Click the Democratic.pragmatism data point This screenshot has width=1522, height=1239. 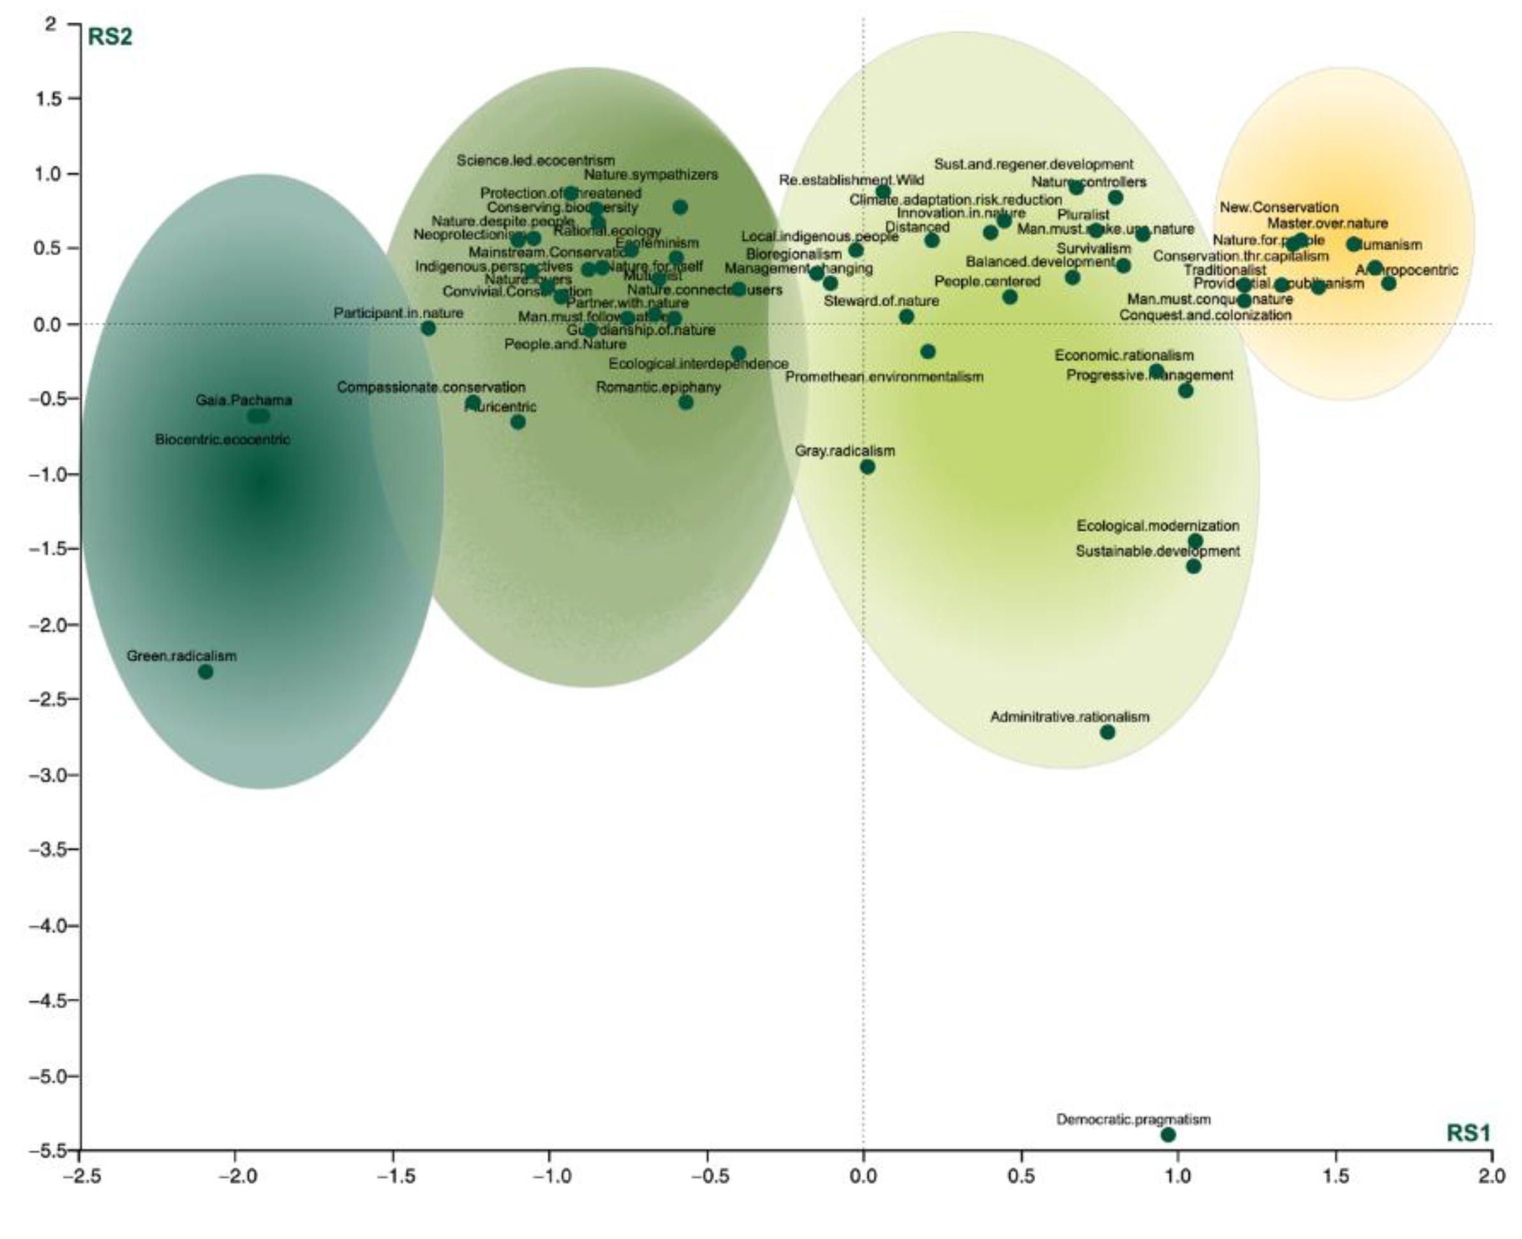tap(1167, 1134)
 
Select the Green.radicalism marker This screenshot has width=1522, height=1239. tap(205, 672)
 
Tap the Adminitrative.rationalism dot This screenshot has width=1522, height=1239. tap(1107, 732)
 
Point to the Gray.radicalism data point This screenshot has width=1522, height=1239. tap(868, 467)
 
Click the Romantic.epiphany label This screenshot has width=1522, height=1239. tap(658, 387)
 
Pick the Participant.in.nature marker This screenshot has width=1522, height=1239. tap(428, 328)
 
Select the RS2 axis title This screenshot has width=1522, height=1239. tap(109, 37)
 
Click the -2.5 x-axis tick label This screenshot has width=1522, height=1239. tap(80, 1175)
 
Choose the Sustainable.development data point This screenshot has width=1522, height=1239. tap(1193, 567)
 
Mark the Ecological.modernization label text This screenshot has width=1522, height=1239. tap(1158, 526)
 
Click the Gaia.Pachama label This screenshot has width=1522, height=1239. tap(244, 400)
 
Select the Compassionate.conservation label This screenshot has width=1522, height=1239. tap(431, 387)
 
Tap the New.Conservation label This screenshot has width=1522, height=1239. tap(1279, 207)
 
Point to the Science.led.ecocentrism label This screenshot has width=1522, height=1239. tap(535, 161)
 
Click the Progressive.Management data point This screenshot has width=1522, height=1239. tap(1185, 391)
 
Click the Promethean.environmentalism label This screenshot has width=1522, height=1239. tap(884, 377)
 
